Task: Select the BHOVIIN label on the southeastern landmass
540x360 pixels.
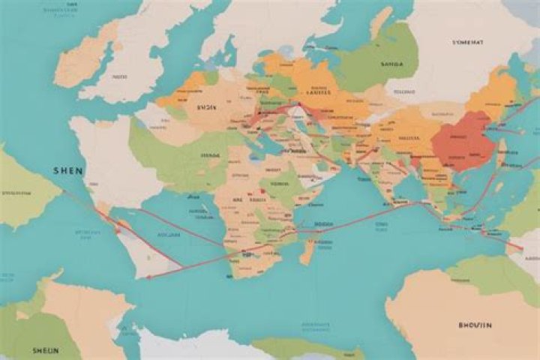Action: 474,325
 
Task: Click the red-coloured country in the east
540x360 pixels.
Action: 466,139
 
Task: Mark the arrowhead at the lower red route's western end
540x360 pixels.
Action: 147,276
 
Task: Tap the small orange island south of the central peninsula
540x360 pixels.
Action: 306,251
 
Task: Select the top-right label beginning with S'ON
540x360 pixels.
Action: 467,43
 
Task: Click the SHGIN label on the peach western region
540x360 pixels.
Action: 206,107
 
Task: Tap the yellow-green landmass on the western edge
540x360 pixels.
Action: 22,191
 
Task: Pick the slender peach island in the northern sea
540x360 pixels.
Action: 381,22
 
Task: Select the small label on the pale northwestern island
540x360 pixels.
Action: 119,76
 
